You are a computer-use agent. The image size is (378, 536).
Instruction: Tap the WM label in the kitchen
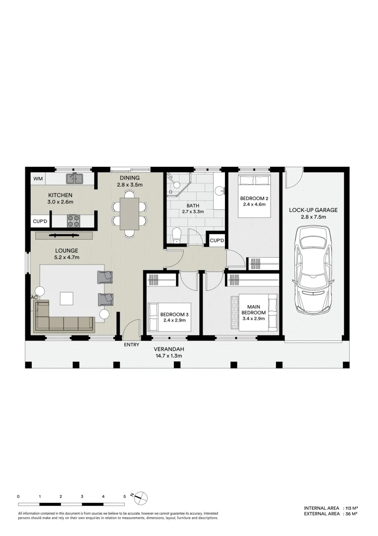tap(38, 179)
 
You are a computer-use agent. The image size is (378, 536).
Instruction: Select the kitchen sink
tap(75, 178)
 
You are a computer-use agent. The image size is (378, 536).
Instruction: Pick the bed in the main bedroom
tap(255, 312)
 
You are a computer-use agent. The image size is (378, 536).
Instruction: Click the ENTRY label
tap(132, 344)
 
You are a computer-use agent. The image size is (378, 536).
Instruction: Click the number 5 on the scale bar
tap(124, 496)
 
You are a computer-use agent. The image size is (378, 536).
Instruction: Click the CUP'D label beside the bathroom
tap(216, 241)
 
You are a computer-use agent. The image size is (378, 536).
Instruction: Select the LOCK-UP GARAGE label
tap(313, 210)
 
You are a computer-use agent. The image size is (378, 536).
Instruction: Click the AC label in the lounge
tap(34, 297)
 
